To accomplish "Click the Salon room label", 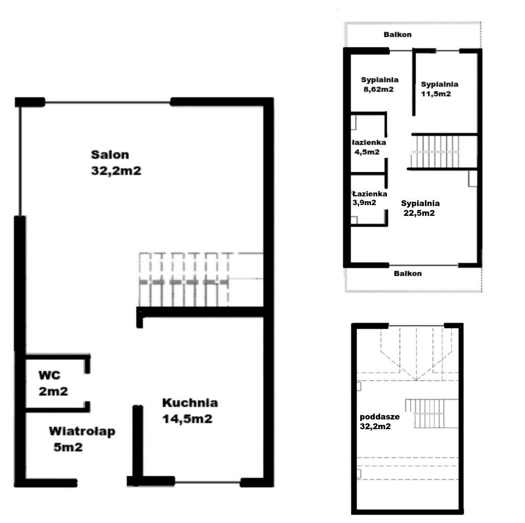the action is (x=110, y=155).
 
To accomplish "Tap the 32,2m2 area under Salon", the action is (x=116, y=171).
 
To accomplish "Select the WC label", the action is (x=50, y=375).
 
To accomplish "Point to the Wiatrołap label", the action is (x=82, y=431).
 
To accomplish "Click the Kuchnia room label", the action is (x=190, y=402).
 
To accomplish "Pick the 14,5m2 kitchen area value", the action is (x=187, y=419).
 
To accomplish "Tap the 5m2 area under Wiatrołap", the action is (x=68, y=447).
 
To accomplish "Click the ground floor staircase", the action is (x=201, y=279).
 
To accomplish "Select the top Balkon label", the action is (x=398, y=35).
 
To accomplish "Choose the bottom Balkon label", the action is (x=407, y=274).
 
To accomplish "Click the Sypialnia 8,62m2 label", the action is (x=379, y=85).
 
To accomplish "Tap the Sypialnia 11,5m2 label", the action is (x=439, y=89).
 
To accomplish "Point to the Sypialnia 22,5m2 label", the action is (x=420, y=208).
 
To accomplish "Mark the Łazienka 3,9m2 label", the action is (x=369, y=198).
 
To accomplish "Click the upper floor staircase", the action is (x=435, y=151).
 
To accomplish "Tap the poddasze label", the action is (x=380, y=417).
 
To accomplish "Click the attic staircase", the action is (x=432, y=414).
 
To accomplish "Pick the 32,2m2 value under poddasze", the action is (x=375, y=426).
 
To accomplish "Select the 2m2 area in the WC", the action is (x=53, y=391).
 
